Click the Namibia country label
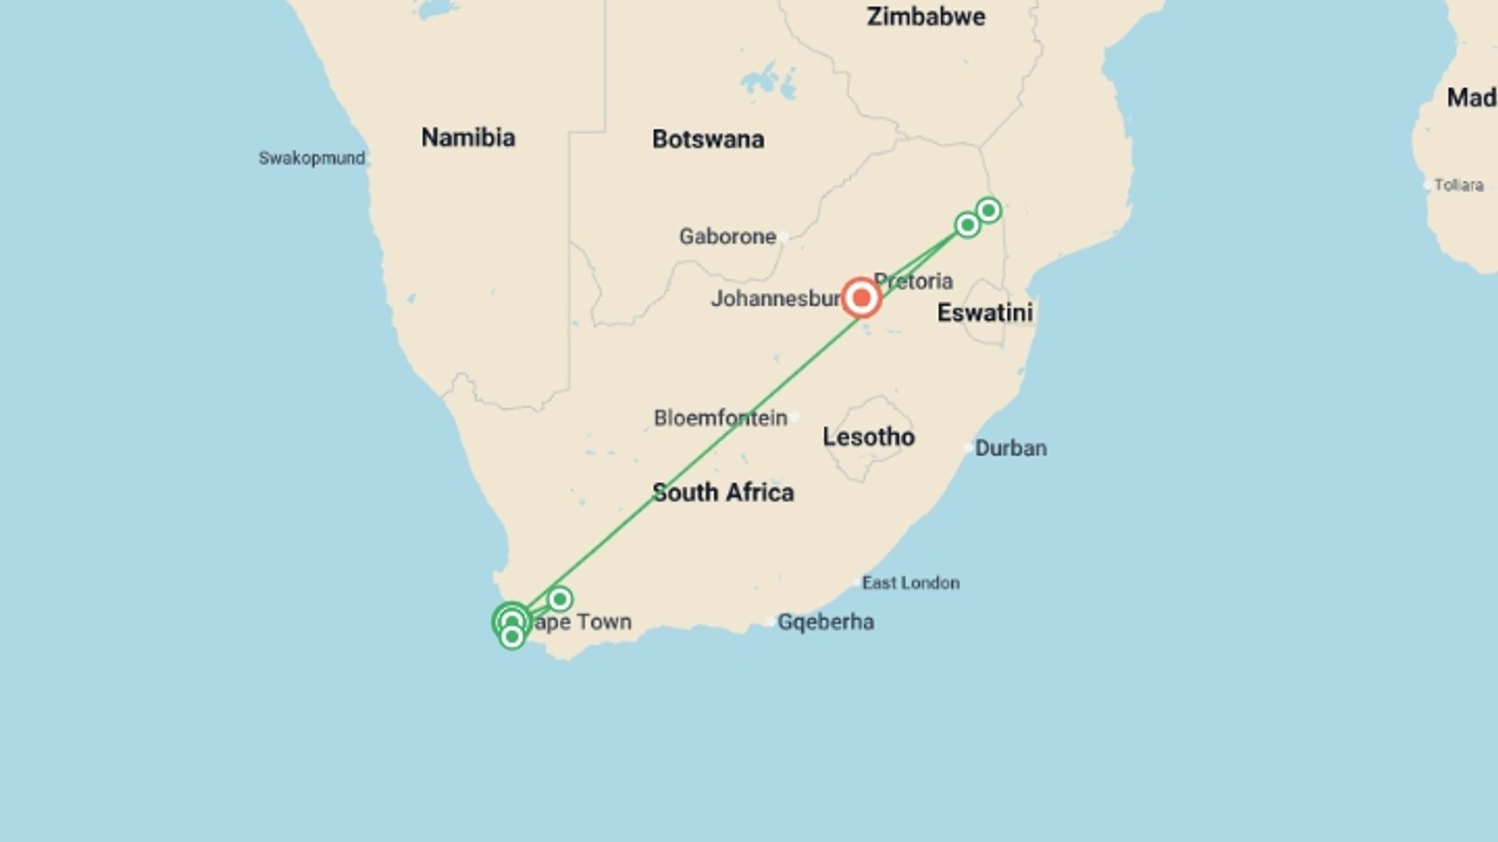(468, 138)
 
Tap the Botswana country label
(708, 140)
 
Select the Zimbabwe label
(925, 16)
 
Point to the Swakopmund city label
(311, 158)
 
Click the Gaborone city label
(727, 236)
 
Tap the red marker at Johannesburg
(861, 298)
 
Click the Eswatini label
(985, 313)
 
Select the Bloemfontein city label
(720, 418)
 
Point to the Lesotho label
(868, 437)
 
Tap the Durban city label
(1010, 448)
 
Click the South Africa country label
(722, 493)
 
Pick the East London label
(911, 583)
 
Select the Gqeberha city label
(825, 622)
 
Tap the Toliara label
(1458, 186)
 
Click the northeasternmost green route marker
(989, 210)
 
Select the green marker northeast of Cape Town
(559, 600)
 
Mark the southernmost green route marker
(512, 637)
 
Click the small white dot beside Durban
(969, 448)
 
